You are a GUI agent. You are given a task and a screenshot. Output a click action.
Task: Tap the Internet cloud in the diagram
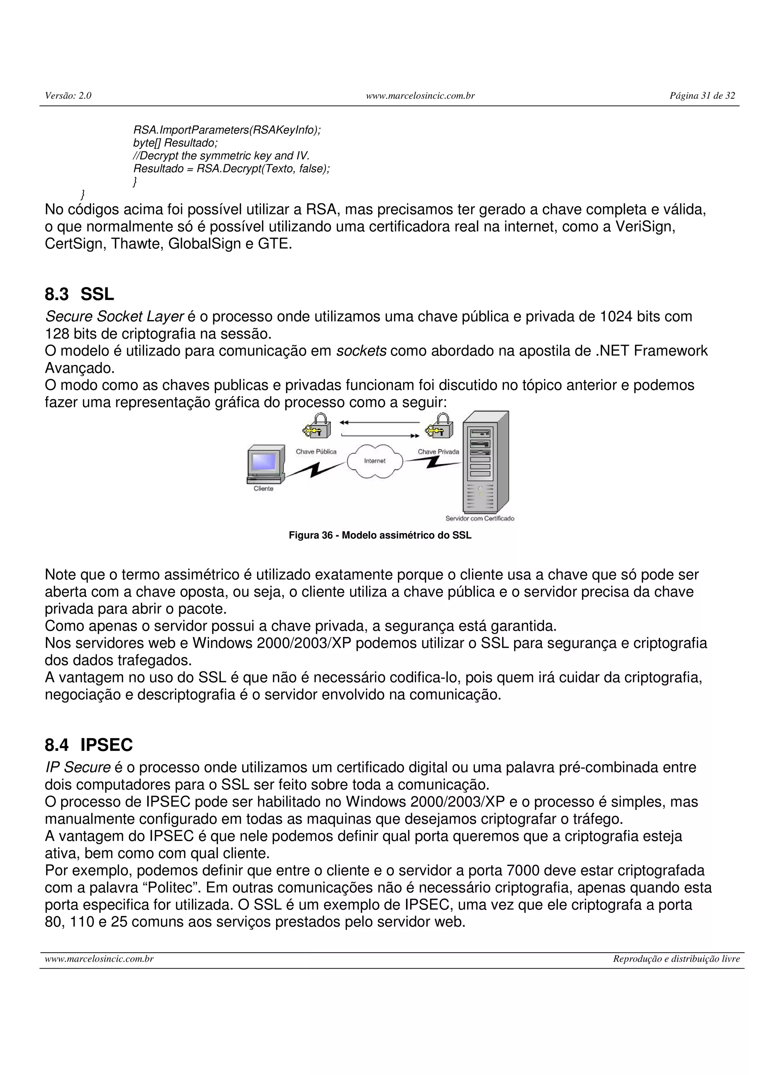[x=374, y=461]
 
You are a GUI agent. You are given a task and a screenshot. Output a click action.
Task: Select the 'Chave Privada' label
[x=438, y=452]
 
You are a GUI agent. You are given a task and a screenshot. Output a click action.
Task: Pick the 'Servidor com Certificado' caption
[x=479, y=518]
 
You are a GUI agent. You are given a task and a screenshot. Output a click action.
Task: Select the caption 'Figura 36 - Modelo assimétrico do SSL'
[x=380, y=535]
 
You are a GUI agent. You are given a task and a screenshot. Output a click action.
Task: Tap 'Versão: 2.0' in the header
[x=68, y=96]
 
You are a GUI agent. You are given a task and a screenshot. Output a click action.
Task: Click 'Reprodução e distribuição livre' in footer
[x=676, y=959]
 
